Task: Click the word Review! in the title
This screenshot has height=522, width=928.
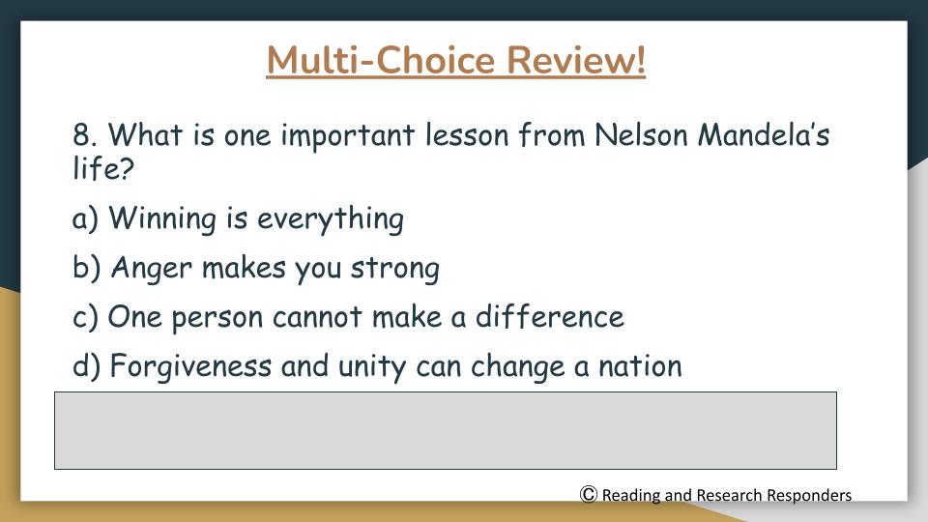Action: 576,60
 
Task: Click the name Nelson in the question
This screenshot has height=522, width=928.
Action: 641,134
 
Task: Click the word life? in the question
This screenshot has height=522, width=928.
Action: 103,167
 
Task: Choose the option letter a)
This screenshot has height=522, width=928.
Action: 85,218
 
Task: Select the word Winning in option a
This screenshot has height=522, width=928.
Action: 162,218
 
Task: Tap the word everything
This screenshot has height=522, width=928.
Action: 331,219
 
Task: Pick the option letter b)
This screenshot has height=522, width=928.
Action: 86,268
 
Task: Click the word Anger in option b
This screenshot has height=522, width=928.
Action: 152,268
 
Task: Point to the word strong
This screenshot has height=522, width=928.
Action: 394,269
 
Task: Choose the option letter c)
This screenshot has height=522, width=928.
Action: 85,317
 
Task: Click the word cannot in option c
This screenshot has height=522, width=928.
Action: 317,317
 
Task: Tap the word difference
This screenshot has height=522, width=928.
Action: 550,317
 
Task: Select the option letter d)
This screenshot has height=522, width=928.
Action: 86,365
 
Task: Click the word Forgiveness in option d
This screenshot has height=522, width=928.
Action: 190,365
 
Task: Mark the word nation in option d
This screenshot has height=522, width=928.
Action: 640,366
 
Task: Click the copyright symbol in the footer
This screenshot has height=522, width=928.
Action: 589,494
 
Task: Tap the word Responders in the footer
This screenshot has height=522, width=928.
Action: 809,495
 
